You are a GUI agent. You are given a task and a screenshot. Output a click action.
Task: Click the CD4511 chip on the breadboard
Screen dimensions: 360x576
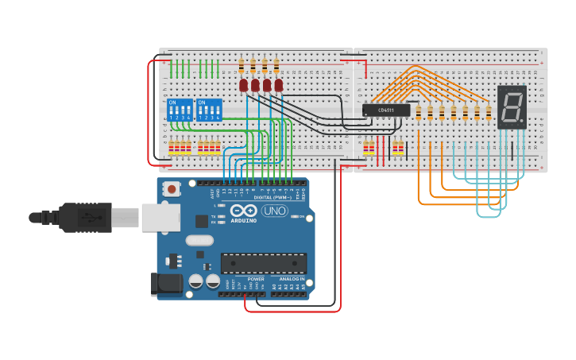pyautogui.click(x=386, y=110)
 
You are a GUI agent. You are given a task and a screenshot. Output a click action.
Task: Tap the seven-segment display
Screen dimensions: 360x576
pyautogui.click(x=512, y=106)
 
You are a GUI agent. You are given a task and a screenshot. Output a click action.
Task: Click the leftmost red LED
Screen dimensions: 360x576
pyautogui.click(x=244, y=85)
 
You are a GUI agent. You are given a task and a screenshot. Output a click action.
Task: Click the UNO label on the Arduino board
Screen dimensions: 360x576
pyautogui.click(x=274, y=211)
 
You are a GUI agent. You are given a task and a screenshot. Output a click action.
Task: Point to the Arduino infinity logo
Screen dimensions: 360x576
pyautogui.click(x=244, y=211)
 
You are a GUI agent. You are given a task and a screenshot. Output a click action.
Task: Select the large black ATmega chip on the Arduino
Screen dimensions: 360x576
pyautogui.click(x=263, y=263)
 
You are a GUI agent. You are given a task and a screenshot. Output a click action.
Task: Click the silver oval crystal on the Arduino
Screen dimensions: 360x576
pyautogui.click(x=200, y=240)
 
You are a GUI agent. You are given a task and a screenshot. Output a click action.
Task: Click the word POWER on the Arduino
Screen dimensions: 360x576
pyautogui.click(x=256, y=279)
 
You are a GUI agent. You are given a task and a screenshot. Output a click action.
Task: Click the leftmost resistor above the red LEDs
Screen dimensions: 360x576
pyautogui.click(x=242, y=65)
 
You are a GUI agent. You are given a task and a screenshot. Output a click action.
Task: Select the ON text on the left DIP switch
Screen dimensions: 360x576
pyautogui.click(x=172, y=102)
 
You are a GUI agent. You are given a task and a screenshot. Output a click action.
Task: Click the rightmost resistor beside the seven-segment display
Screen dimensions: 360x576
pyautogui.click(x=488, y=111)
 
